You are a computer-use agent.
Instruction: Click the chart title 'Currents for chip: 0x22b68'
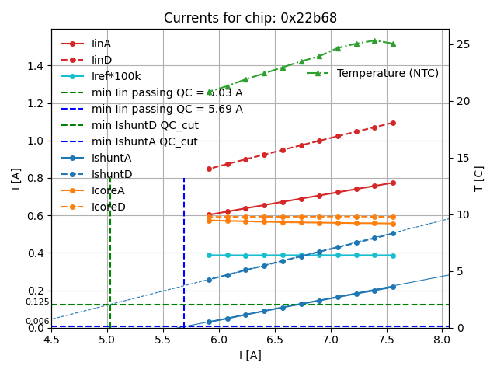click(250, 18)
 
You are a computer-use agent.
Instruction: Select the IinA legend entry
click(102, 44)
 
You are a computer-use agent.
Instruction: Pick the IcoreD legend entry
click(108, 207)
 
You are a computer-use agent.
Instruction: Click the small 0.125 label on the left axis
click(37, 302)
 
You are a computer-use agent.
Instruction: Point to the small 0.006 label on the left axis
click(37, 321)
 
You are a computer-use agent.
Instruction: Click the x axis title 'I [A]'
click(250, 355)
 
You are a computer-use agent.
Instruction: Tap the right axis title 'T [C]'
click(479, 179)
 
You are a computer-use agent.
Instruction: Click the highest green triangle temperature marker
click(374, 40)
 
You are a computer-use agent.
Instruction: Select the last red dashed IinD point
click(393, 123)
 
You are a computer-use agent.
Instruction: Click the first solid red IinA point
click(209, 214)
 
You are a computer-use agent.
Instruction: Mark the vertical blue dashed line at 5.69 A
click(184, 249)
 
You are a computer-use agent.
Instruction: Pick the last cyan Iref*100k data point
click(393, 255)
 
